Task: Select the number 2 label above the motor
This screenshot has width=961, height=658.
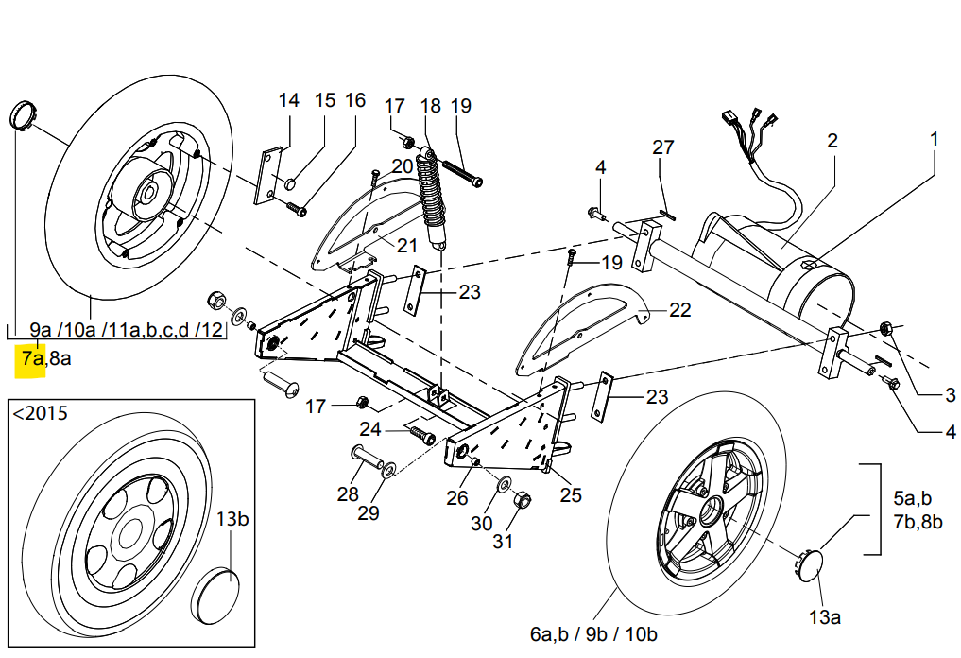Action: pyautogui.click(x=832, y=141)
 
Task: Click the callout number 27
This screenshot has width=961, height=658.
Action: pyautogui.click(x=663, y=147)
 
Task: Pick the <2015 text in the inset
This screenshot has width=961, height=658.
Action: pyautogui.click(x=40, y=413)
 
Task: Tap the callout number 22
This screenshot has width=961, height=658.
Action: pyautogui.click(x=680, y=310)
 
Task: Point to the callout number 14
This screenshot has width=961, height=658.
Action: pyautogui.click(x=288, y=101)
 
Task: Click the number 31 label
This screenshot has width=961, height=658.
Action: pyautogui.click(x=502, y=542)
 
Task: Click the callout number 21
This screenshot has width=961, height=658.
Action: pyautogui.click(x=407, y=246)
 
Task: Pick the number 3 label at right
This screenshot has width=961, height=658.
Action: pyautogui.click(x=950, y=395)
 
